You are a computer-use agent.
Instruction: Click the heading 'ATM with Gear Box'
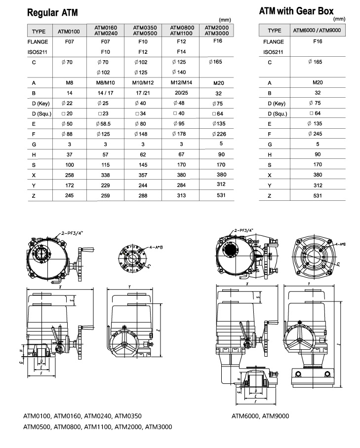(296, 11)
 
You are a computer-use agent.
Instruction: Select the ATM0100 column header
(69, 32)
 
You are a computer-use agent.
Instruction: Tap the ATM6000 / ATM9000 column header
(318, 31)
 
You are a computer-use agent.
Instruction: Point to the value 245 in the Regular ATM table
(69, 196)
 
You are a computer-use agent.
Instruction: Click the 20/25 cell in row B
(180, 93)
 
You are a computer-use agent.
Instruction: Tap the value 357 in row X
(143, 175)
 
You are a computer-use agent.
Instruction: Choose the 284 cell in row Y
(181, 186)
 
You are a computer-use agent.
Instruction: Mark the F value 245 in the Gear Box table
(318, 134)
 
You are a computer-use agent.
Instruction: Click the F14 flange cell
(181, 51)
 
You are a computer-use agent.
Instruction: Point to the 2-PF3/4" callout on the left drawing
(73, 231)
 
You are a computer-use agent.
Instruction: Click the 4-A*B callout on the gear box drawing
(340, 244)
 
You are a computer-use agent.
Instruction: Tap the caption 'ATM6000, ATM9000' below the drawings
(260, 415)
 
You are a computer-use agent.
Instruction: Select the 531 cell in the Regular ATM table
(220, 195)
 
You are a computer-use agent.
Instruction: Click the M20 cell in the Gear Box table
(318, 82)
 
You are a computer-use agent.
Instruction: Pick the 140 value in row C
(181, 72)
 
